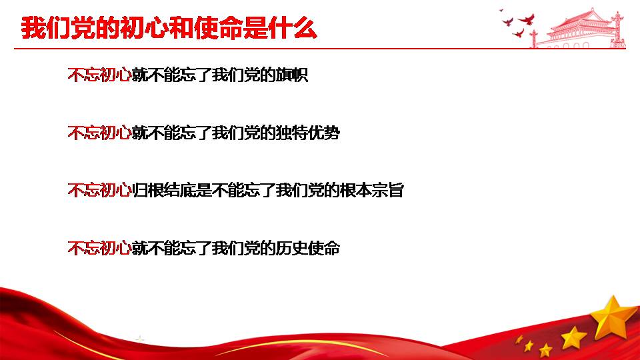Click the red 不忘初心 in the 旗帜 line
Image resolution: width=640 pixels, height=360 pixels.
pos(99,75)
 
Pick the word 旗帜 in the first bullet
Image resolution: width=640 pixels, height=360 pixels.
pos(292,75)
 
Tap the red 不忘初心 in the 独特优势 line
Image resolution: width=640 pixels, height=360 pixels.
pos(99,133)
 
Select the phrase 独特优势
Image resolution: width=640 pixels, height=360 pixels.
pos(308,133)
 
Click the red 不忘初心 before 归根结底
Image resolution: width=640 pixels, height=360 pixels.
pos(99,191)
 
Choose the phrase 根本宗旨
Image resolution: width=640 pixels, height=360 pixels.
pos(372,191)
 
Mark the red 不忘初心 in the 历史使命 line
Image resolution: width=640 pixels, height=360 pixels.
pos(99,248)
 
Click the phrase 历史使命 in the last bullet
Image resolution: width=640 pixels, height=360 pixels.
pos(308,248)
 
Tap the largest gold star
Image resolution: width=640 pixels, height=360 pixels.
pos(612,319)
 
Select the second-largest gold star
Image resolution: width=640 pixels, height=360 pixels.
pos(573,338)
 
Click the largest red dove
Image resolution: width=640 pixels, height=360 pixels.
pos(527,19)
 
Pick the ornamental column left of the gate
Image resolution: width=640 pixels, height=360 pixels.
pos(533,39)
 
